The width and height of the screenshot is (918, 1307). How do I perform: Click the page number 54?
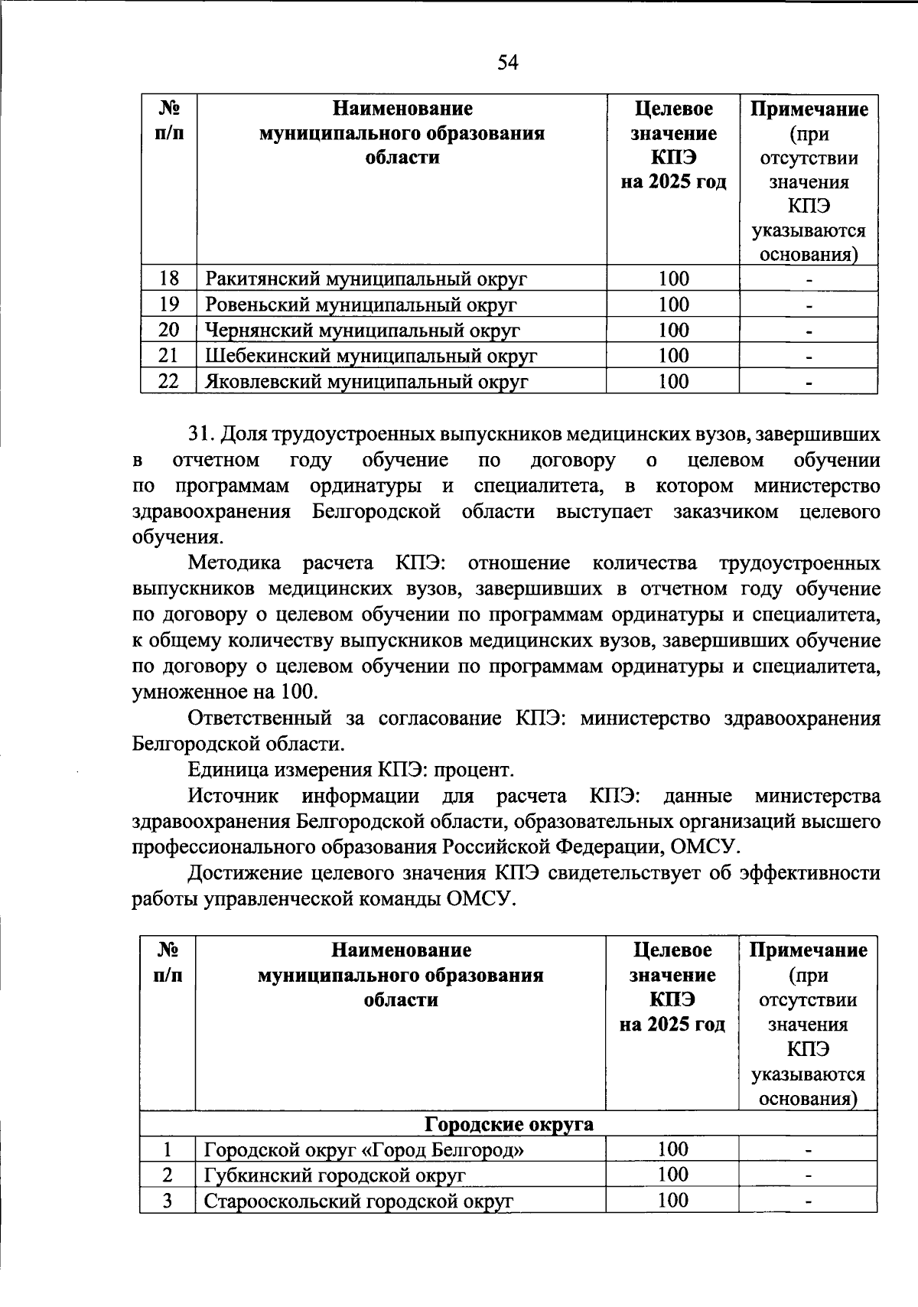pos(508,63)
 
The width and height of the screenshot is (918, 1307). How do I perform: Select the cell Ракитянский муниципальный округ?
pos(366,279)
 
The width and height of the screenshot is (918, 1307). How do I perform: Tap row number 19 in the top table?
pos(168,305)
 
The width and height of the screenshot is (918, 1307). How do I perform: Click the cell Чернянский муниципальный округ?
pos(362,331)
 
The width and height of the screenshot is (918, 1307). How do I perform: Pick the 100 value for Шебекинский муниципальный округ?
pos(673,356)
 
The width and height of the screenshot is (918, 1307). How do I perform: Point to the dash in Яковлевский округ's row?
pos(809,382)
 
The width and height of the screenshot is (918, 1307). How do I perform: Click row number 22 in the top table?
pos(168,381)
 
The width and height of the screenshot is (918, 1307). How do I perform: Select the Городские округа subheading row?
pos(509,1124)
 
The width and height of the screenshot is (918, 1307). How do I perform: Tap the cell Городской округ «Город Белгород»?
pos(364,1149)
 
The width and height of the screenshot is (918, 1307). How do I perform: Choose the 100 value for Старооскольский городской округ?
pos(673,1200)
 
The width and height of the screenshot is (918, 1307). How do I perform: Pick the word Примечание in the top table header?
pos(809,109)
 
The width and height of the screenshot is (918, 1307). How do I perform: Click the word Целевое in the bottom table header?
pos(672,950)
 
